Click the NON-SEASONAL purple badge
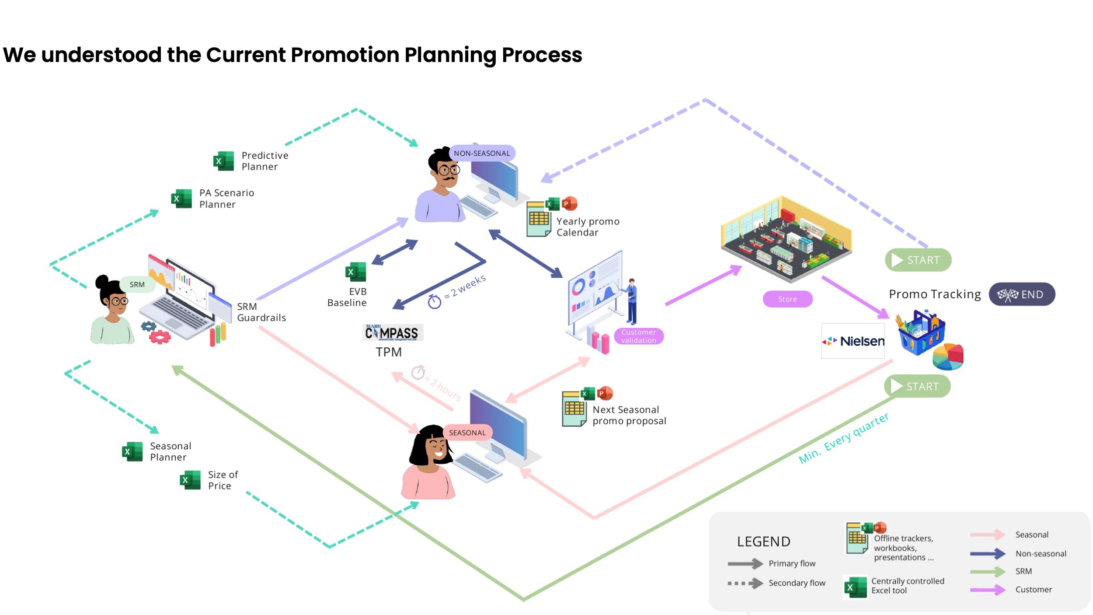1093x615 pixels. pos(482,153)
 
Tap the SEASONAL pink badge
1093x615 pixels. pos(467,433)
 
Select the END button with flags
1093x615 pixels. pos(1022,294)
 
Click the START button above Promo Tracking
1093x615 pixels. pos(918,260)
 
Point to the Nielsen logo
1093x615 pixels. pos(853,341)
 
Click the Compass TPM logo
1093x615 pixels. pos(392,333)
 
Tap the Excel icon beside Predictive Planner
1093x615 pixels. pos(223,161)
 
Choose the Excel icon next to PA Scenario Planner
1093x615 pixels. pos(181,199)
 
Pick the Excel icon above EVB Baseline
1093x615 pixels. pos(355,272)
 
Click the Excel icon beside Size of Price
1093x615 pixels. pos(190,480)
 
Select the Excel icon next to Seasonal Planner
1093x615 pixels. pos(132,451)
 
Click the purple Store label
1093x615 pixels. pos(787,299)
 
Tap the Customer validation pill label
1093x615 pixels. pos(638,336)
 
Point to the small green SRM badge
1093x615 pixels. pos(137,284)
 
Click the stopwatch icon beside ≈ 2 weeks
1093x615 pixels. pos(434,301)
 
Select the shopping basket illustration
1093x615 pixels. pos(921,332)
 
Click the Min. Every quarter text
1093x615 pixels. pos(843,438)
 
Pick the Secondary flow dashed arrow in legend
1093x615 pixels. pos(745,583)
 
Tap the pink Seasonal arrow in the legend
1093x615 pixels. pos(987,535)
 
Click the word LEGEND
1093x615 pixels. pos(763,542)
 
